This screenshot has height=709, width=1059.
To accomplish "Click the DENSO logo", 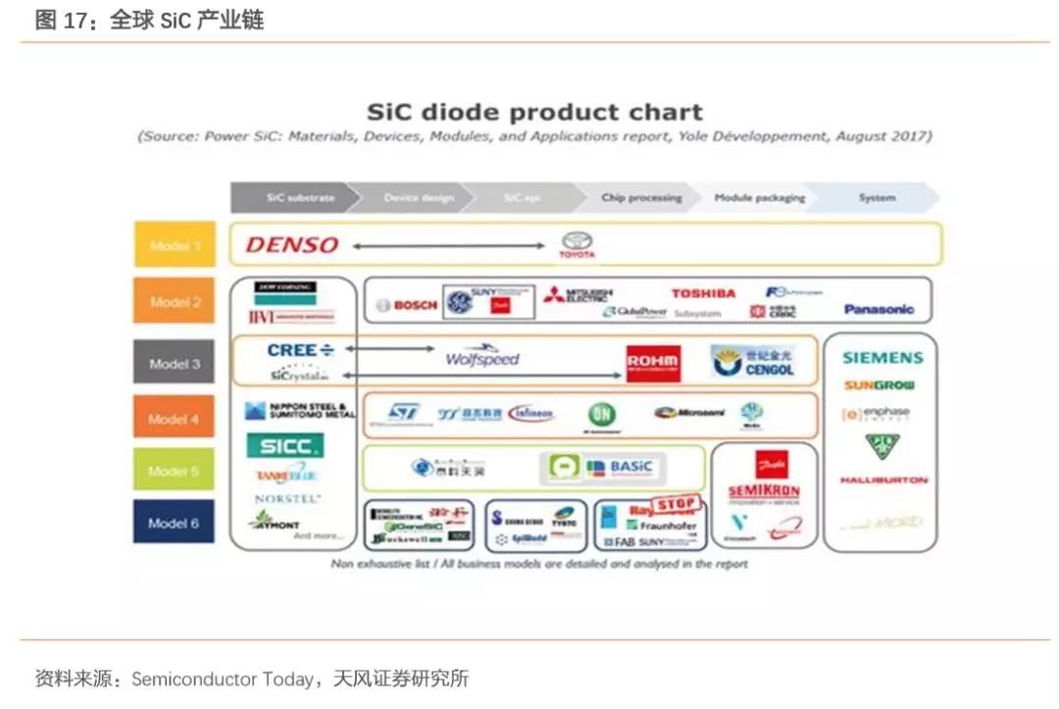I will click(x=291, y=245).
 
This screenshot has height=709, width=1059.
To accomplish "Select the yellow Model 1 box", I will click(x=175, y=245).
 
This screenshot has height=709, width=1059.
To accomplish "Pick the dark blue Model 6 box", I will click(x=174, y=523).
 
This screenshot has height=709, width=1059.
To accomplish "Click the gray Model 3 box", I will click(x=174, y=364).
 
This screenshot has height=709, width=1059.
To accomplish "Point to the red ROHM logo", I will click(x=653, y=363).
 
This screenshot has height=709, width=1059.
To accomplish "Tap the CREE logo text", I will click(x=292, y=350).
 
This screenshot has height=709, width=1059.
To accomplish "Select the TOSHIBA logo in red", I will click(x=703, y=293).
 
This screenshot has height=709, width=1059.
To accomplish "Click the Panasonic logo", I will click(x=879, y=309).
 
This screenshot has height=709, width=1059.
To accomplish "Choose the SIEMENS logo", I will click(x=882, y=358).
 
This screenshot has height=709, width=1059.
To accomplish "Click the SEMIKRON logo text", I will click(x=765, y=489).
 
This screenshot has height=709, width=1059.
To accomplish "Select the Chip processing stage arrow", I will click(x=641, y=198).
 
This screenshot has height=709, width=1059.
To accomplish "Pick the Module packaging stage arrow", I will click(x=759, y=198).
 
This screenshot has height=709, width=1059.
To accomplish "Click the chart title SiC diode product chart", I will click(x=534, y=112).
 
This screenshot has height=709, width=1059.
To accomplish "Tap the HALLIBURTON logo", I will click(x=882, y=481).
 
